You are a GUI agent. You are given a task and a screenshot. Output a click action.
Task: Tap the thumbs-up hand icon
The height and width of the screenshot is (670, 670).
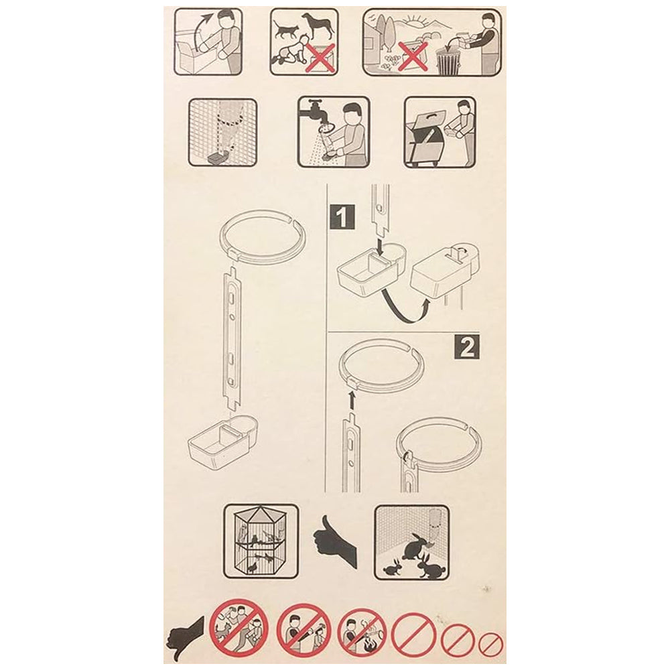pos(335,541)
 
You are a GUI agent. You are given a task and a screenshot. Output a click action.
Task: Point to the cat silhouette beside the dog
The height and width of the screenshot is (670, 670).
pos(286,30)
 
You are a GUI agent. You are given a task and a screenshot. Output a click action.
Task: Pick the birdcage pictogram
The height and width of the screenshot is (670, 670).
pos(261,541)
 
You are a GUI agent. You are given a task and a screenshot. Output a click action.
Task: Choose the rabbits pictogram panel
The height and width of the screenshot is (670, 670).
pos(411,542)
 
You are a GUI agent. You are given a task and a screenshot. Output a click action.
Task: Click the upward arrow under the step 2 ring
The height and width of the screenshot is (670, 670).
pos(351,401)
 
